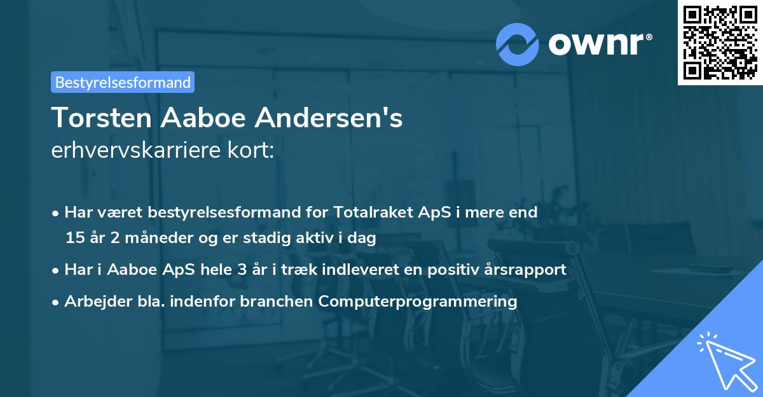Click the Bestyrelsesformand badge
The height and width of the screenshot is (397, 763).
[x=122, y=82]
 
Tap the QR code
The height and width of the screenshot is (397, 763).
[x=720, y=42]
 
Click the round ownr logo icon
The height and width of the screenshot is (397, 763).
[x=518, y=44]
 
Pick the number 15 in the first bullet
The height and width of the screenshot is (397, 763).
[x=74, y=239]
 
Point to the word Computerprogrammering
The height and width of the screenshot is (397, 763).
[x=418, y=302]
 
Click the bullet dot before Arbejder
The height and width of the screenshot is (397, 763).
[x=57, y=302]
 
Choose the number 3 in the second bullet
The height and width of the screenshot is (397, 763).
[x=241, y=270]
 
